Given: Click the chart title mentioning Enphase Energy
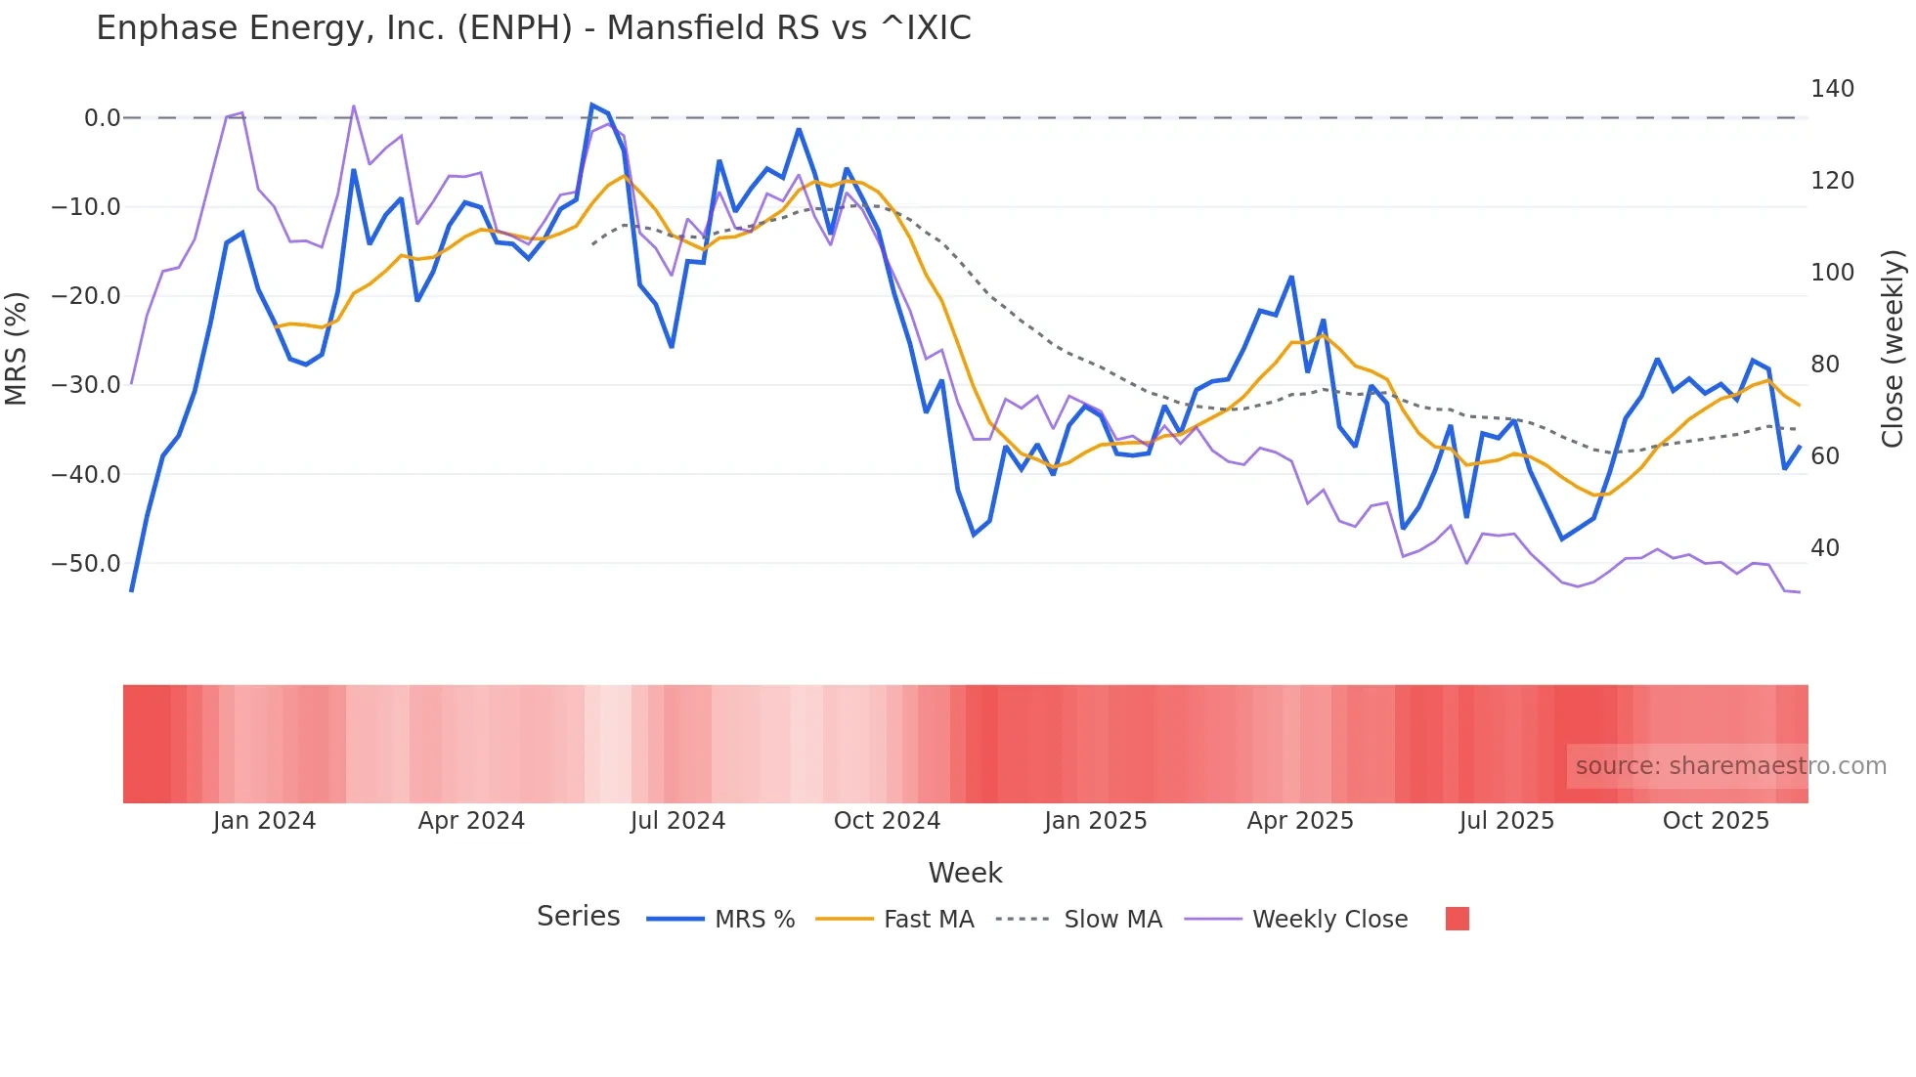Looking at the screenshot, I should coord(533,28).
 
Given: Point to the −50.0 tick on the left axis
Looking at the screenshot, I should coord(86,564).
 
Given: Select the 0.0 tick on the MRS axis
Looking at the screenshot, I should coord(102,118).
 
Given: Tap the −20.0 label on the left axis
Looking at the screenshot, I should coord(86,296).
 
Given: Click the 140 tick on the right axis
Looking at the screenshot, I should coord(1832,89).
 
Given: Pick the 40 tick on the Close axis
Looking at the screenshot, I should coord(1825,548).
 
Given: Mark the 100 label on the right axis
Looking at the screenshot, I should coord(1832,273).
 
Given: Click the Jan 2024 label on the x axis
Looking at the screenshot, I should coord(264,821).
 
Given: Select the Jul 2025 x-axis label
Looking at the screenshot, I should coord(1506,821).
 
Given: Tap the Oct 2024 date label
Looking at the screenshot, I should coord(887,821).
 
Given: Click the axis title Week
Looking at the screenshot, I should coord(965,873).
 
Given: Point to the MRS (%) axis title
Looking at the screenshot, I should coord(17,348).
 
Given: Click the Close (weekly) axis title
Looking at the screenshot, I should coord(1893,348).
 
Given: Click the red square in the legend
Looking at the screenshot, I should coord(1457,919).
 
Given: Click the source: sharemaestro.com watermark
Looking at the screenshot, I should coord(1730,766).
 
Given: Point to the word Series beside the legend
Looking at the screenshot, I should coord(578,917).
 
